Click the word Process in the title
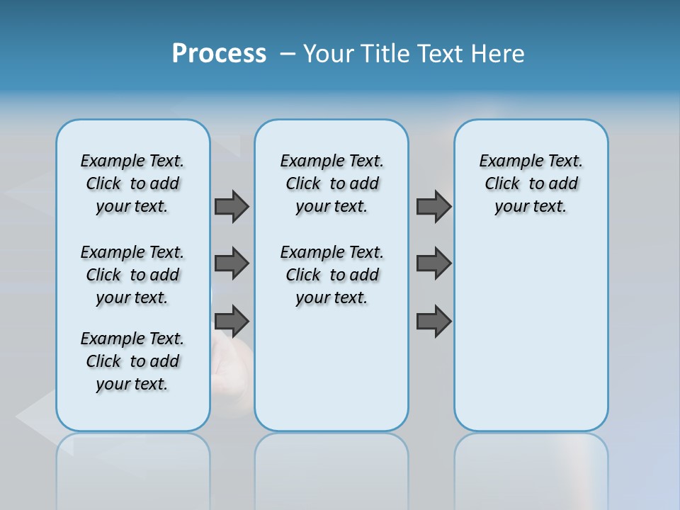click(x=219, y=54)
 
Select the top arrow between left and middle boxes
click(x=232, y=206)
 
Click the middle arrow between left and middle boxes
click(x=232, y=263)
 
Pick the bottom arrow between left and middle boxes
click(x=232, y=321)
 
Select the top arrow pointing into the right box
click(x=433, y=206)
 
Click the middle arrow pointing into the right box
click(x=433, y=263)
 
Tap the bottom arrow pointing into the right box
click(x=433, y=321)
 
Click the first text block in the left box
click(x=132, y=183)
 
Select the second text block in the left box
click(x=132, y=275)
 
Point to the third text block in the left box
click(x=132, y=361)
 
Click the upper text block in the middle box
click(x=331, y=183)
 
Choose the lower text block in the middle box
click(x=331, y=275)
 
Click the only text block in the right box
click(x=531, y=183)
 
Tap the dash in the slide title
click(x=288, y=54)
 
